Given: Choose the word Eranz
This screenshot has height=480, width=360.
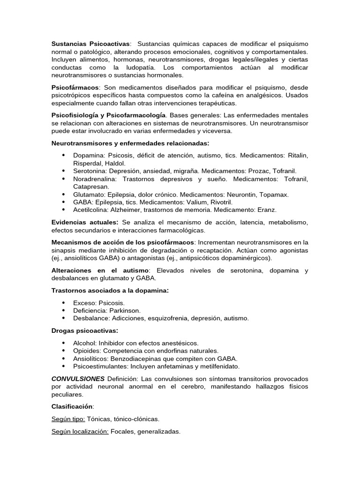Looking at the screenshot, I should pyautogui.click(x=267, y=210).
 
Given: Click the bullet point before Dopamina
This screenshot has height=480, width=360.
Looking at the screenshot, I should pyautogui.click(x=63, y=155).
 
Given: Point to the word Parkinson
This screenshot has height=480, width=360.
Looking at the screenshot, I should pyautogui.click(x=124, y=310).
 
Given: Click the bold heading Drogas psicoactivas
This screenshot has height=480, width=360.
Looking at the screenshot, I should pyautogui.click(x=84, y=330).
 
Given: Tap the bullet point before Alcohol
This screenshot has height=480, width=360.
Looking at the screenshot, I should pyautogui.click(x=63, y=343).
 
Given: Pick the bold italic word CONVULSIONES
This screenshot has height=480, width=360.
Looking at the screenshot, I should pyautogui.click(x=78, y=379).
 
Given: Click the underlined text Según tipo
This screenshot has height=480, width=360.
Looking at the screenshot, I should pyautogui.click(x=68, y=419).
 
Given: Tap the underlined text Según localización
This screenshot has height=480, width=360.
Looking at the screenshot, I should pyautogui.click(x=80, y=431).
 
